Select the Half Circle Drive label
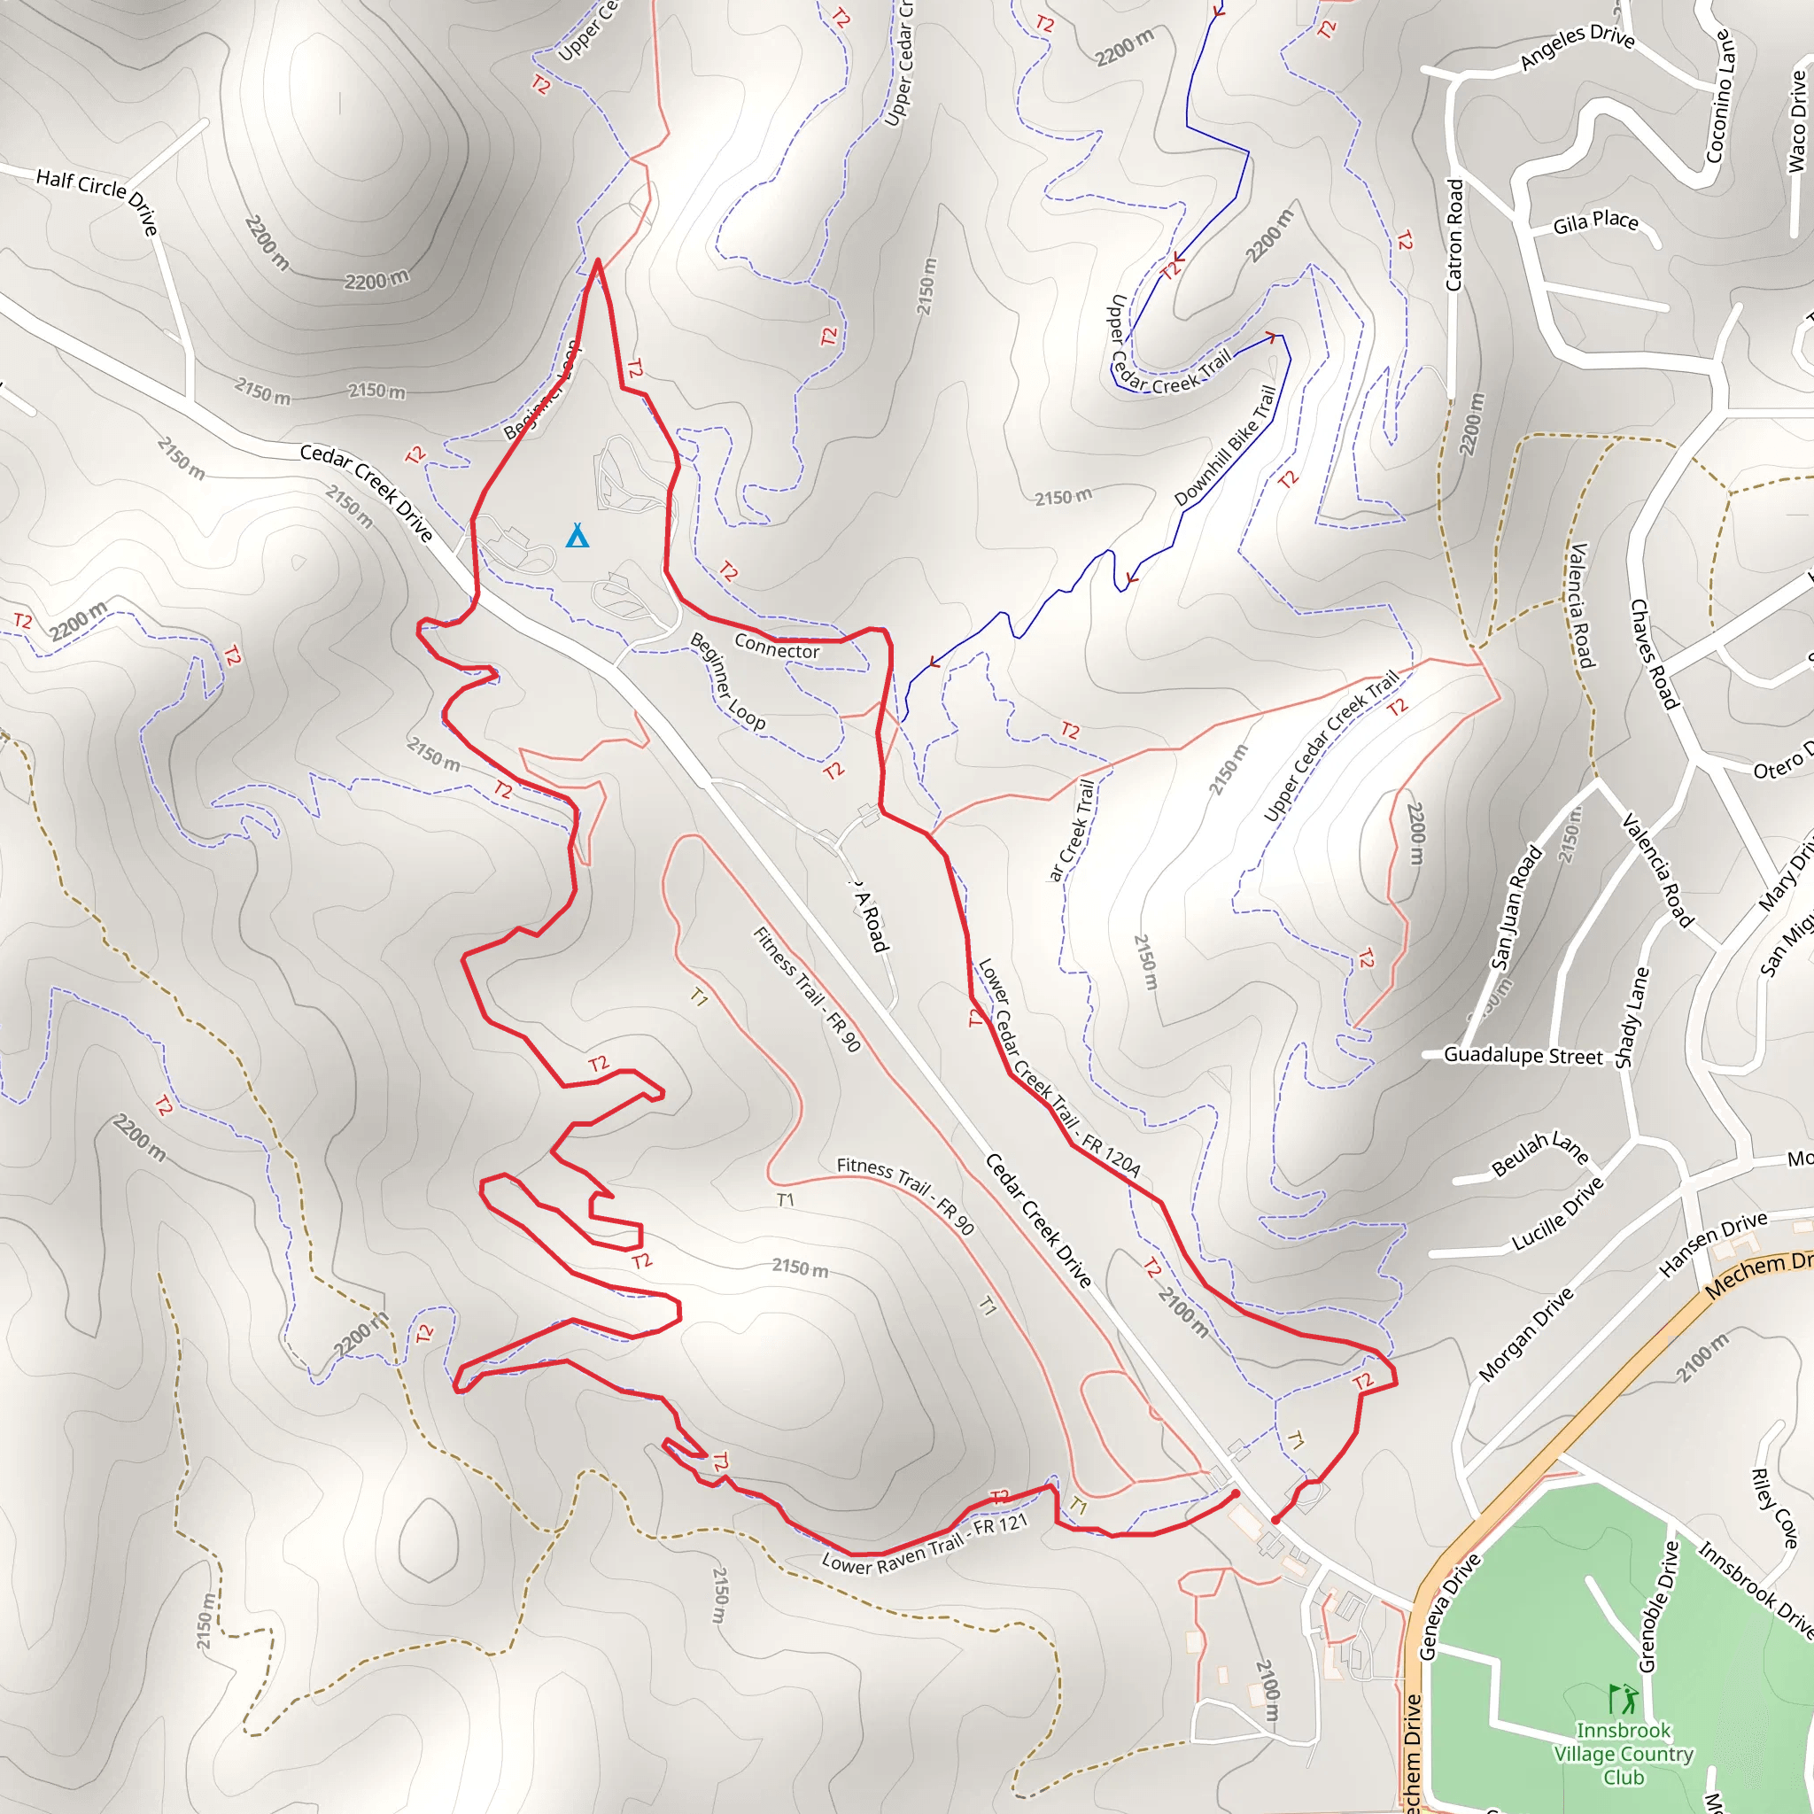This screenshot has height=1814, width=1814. [97, 200]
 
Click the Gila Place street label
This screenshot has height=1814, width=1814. [1595, 221]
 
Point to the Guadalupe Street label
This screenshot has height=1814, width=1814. [1523, 1055]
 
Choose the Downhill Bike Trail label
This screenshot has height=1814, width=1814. [1225, 446]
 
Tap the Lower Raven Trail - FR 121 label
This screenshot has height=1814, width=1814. [925, 1544]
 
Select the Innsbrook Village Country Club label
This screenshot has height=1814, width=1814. [1624, 1753]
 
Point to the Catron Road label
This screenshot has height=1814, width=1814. [1454, 235]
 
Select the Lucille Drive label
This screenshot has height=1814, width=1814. [1558, 1213]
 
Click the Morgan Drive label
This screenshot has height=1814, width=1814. [1526, 1333]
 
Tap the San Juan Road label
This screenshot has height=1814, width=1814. [1516, 907]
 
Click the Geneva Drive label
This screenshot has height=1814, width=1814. [1449, 1607]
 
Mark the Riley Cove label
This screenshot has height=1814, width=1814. [1773, 1508]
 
